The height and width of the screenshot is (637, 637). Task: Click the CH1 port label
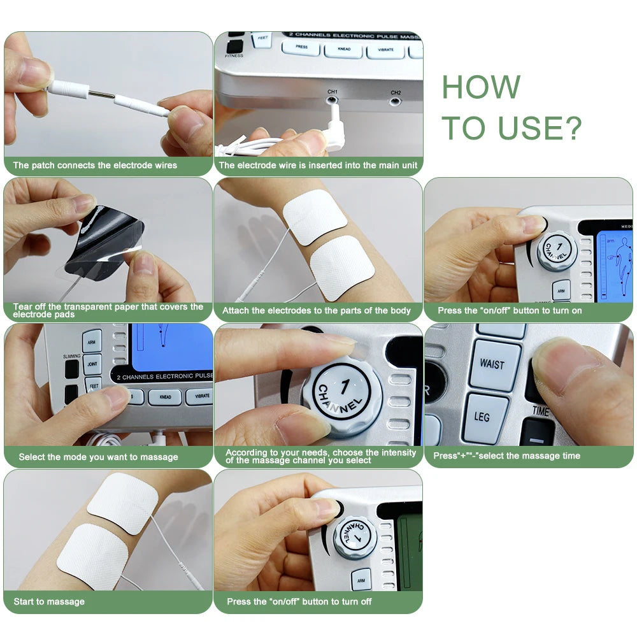[x=333, y=92]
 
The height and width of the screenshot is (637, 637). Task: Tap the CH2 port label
[x=396, y=92]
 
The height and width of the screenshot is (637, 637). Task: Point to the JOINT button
[x=92, y=365]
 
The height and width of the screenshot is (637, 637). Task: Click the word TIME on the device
[x=540, y=412]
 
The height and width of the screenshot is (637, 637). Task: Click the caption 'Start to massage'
[x=49, y=601]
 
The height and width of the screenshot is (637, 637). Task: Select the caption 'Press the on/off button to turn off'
[x=299, y=601]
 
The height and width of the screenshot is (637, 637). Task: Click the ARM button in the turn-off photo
[x=361, y=579]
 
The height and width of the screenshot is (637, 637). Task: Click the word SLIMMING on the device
[x=72, y=356]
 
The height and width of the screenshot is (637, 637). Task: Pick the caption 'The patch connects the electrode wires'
[x=95, y=165]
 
